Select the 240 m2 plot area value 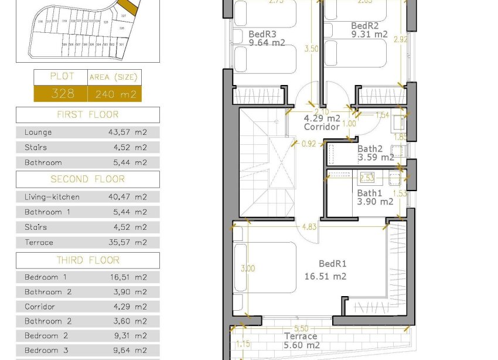(x=114, y=94)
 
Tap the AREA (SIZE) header (x=114, y=77)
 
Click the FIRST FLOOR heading (x=87, y=114)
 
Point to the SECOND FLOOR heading (x=87, y=179)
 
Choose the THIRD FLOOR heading (x=87, y=260)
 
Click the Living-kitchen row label (x=52, y=197)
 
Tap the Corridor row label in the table (x=40, y=307)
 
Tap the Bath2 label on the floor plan (x=370, y=149)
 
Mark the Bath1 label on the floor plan (x=370, y=193)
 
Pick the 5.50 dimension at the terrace (x=301, y=329)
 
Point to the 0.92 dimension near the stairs (x=309, y=142)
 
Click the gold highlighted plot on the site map (x=129, y=7)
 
